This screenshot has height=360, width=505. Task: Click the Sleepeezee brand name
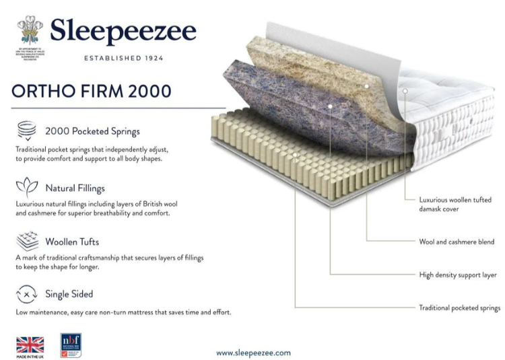click(x=123, y=32)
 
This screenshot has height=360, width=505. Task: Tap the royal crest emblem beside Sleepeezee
click(x=30, y=30)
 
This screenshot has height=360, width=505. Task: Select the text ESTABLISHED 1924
click(x=123, y=59)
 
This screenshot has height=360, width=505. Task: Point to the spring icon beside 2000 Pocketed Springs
click(x=26, y=131)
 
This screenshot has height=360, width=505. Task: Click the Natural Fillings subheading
click(x=75, y=188)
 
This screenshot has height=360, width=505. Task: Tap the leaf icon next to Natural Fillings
click(x=26, y=186)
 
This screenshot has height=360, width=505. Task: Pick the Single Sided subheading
click(x=69, y=294)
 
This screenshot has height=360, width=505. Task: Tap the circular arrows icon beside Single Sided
click(x=26, y=294)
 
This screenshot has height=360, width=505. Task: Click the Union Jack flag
click(x=30, y=345)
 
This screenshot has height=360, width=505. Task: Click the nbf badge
click(x=70, y=345)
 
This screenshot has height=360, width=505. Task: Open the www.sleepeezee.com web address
click(x=253, y=352)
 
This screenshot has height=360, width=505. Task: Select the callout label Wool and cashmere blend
click(x=457, y=242)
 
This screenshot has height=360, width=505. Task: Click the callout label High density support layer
click(x=458, y=275)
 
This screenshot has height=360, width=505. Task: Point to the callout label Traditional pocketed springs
click(x=460, y=308)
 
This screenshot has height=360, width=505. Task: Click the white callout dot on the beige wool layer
click(x=367, y=86)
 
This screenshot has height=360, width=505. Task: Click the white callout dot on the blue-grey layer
click(x=330, y=106)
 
